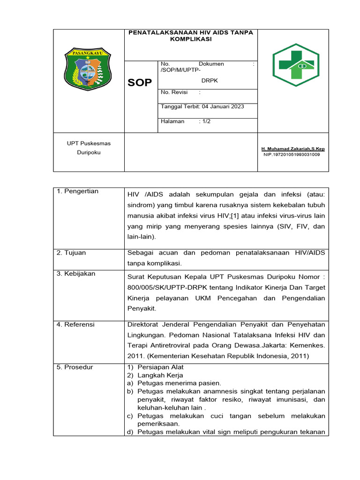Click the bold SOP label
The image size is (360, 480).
pyautogui.click(x=140, y=83)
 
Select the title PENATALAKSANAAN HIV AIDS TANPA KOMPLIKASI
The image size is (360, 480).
pyautogui.click(x=190, y=36)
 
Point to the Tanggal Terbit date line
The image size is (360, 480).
pyautogui.click(x=202, y=106)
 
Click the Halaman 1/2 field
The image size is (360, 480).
pyautogui.click(x=186, y=121)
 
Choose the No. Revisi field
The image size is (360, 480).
pyautogui.click(x=180, y=92)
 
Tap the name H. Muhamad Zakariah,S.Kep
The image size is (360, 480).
pyautogui.click(x=293, y=149)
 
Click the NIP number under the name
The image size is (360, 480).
pyautogui.click(x=292, y=154)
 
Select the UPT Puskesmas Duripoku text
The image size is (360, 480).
pyautogui.click(x=89, y=148)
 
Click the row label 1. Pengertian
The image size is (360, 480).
pyautogui.click(x=77, y=191)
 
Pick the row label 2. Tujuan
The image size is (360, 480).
pyautogui.click(x=71, y=253)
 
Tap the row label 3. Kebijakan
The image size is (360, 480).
pyautogui.click(x=76, y=274)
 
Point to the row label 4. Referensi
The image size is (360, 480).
pyautogui.click(x=75, y=324)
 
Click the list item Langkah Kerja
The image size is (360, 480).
pyautogui.click(x=157, y=375)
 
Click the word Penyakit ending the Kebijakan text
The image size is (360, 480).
pyautogui.click(x=142, y=308)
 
